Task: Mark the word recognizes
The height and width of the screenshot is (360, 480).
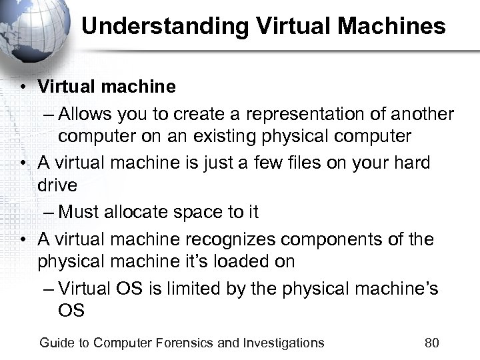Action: [237, 239]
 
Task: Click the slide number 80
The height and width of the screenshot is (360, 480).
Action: [431, 343]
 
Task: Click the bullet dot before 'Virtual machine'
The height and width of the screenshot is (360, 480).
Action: [23, 87]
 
